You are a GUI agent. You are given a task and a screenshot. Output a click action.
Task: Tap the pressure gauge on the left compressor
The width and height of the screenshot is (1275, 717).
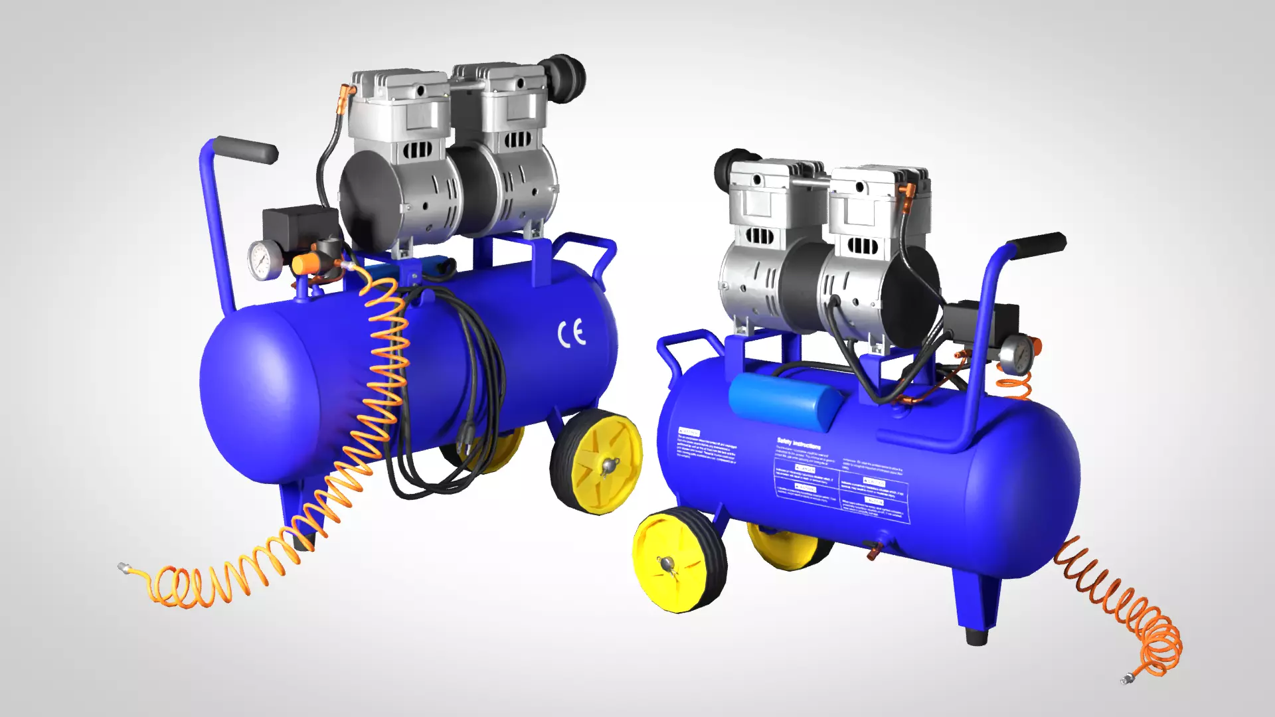(x=265, y=260)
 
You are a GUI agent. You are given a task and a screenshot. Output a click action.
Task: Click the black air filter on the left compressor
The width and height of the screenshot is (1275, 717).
(x=563, y=78)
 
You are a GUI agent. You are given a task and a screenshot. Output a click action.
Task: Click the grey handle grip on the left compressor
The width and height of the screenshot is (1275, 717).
(x=246, y=150)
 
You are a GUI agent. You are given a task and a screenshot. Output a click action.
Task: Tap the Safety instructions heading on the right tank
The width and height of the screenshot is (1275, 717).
(x=798, y=443)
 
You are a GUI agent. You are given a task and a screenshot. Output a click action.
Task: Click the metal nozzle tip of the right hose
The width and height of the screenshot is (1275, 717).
(x=1126, y=678)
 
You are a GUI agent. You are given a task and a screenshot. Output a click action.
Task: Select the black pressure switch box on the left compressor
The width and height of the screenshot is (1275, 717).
(x=299, y=226)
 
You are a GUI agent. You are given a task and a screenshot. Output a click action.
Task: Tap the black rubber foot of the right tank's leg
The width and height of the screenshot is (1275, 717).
(x=977, y=636)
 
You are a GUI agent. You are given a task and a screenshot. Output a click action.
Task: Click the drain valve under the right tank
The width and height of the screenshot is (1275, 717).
(x=875, y=548)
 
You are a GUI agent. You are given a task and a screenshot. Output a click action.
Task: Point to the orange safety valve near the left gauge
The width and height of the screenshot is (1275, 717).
(x=303, y=265)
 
